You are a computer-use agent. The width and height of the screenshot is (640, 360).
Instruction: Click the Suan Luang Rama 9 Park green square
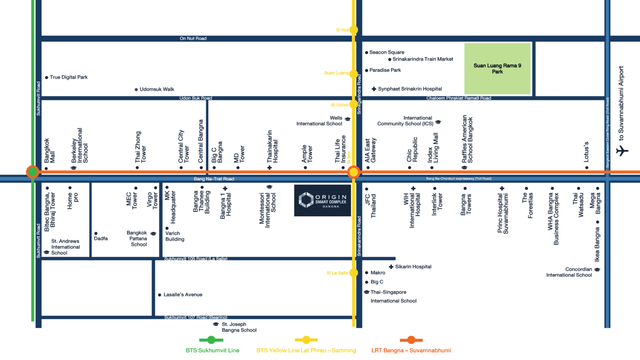click(x=497, y=69)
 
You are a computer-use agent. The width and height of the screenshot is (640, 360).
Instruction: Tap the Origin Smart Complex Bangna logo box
click(x=322, y=200)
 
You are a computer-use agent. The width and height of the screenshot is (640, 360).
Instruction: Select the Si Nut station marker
click(x=353, y=30)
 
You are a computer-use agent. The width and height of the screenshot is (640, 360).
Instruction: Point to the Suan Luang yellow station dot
click(x=353, y=74)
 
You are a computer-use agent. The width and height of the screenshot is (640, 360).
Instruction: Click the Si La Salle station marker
click(x=353, y=273)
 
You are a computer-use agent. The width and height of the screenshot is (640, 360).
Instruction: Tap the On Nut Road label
click(x=193, y=38)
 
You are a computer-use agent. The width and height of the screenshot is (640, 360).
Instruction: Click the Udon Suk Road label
click(x=195, y=98)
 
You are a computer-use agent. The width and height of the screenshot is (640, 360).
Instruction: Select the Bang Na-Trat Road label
click(x=214, y=179)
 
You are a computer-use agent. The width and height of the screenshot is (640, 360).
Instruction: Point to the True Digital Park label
click(x=69, y=77)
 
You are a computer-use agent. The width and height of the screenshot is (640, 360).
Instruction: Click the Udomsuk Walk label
click(x=157, y=89)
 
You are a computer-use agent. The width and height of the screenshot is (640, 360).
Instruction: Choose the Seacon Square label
click(x=387, y=52)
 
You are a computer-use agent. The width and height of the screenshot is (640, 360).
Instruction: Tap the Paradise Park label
click(x=385, y=70)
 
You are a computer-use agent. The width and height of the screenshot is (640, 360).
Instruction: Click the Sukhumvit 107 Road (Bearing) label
click(x=195, y=317)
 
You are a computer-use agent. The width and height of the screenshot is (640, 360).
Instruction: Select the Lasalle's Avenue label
click(x=183, y=295)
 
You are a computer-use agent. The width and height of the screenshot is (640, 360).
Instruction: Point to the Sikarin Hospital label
click(x=413, y=267)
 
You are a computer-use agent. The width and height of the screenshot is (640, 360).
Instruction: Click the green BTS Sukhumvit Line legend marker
click(x=211, y=340)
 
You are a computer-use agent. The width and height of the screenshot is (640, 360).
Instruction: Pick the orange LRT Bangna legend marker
click(x=411, y=340)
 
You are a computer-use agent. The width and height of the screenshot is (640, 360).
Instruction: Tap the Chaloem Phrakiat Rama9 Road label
click(x=458, y=98)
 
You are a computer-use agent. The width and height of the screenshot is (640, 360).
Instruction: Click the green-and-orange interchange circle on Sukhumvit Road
click(x=32, y=172)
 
